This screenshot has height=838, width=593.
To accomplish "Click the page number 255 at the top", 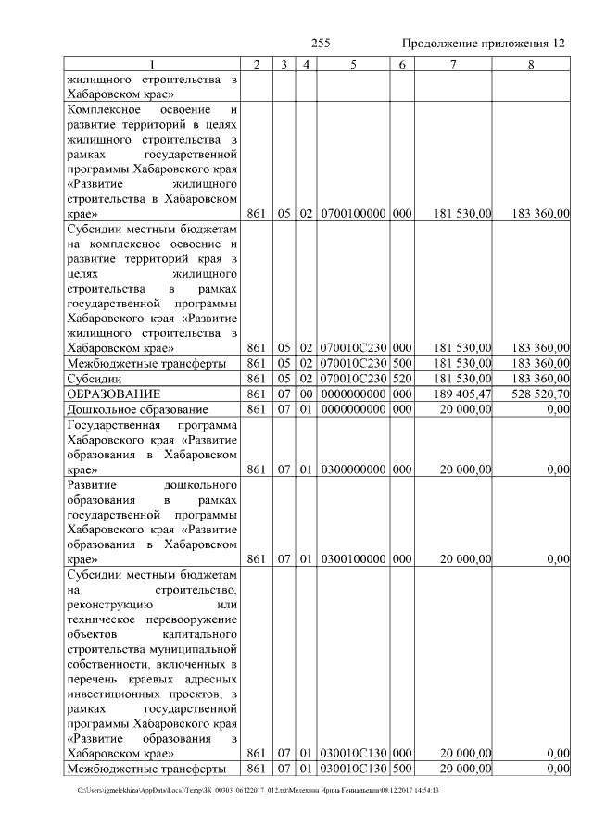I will click(321, 44).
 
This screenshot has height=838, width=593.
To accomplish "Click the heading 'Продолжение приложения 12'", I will click(483, 44).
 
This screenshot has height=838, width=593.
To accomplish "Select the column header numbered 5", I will click(353, 64).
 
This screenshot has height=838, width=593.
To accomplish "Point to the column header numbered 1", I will click(153, 64).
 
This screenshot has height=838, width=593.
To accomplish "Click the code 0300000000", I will click(353, 469).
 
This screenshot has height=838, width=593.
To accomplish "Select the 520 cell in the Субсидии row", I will click(401, 379).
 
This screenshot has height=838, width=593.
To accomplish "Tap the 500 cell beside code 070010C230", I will click(401, 364).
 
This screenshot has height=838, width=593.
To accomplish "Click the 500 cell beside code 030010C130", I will click(401, 768).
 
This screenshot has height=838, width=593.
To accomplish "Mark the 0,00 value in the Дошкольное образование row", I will click(557, 408).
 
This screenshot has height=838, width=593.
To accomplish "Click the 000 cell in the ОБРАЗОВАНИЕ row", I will click(401, 394).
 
